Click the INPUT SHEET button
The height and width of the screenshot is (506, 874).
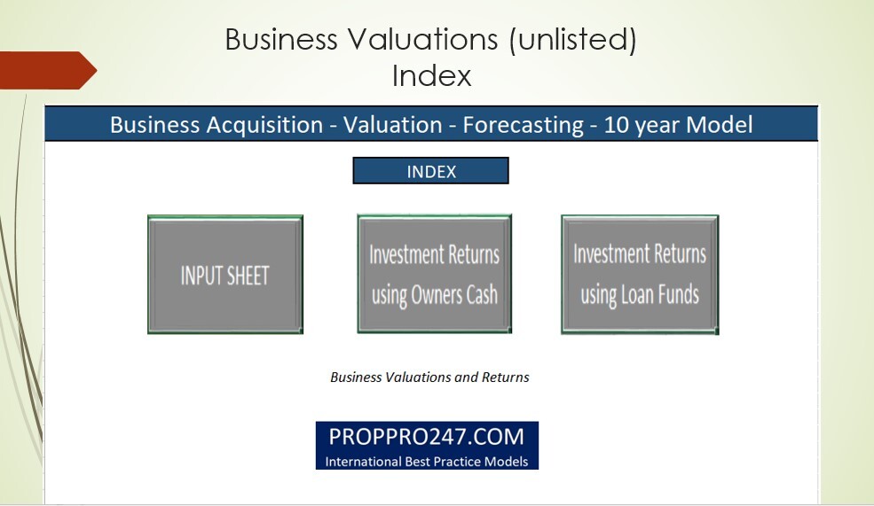[224, 275]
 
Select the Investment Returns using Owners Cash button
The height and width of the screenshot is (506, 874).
[434, 274]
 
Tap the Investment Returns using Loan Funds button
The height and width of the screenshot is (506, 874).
[639, 274]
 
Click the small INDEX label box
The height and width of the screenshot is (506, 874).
[430, 171]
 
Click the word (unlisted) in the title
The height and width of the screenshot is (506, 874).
[572, 40]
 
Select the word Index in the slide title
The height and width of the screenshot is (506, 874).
[431, 75]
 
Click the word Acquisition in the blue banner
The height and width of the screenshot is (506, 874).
[263, 125]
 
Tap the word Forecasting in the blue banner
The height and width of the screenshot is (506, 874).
[520, 125]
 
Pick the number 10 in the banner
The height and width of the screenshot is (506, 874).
[616, 125]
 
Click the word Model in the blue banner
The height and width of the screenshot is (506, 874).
[720, 125]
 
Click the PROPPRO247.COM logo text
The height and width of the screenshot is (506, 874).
[427, 437]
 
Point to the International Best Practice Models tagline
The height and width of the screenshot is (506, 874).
[427, 461]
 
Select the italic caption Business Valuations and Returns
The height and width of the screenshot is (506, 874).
[429, 377]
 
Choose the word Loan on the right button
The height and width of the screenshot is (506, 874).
[636, 294]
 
